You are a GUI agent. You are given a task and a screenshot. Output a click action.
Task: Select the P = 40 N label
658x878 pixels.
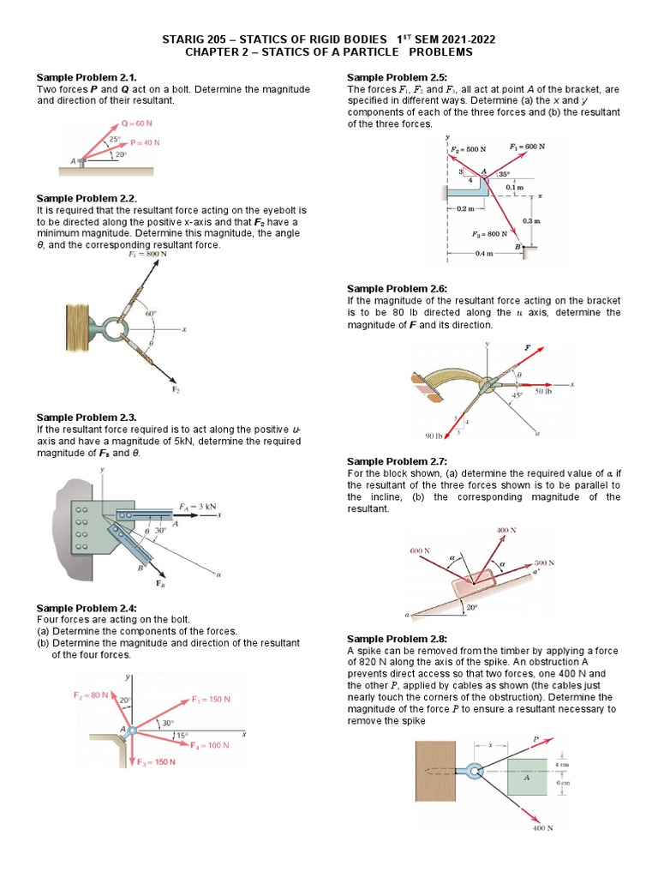145,142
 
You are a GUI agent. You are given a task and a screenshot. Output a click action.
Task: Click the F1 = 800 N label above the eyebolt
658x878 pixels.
147,255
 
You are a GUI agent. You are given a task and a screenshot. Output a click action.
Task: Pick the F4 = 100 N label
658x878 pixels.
209,745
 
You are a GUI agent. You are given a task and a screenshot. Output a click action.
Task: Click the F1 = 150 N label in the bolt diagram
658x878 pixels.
211,699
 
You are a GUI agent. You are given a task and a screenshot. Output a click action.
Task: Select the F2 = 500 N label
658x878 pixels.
468,149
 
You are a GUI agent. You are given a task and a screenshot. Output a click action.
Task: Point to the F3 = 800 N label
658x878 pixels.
490,233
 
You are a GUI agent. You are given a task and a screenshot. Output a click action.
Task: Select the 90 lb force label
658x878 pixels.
434,436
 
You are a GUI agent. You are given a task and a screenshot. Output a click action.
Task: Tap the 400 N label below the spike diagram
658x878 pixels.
542,828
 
